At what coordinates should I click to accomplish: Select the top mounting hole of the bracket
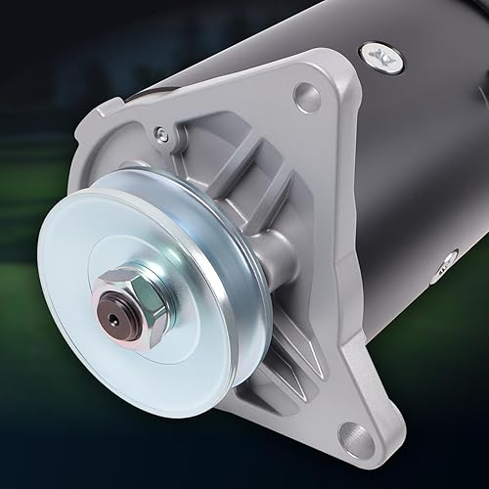pos(306,97)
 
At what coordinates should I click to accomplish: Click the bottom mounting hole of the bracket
pos(356,436)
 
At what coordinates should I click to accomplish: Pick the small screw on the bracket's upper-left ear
pos(162,135)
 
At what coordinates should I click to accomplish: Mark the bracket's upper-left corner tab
pos(93,127)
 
